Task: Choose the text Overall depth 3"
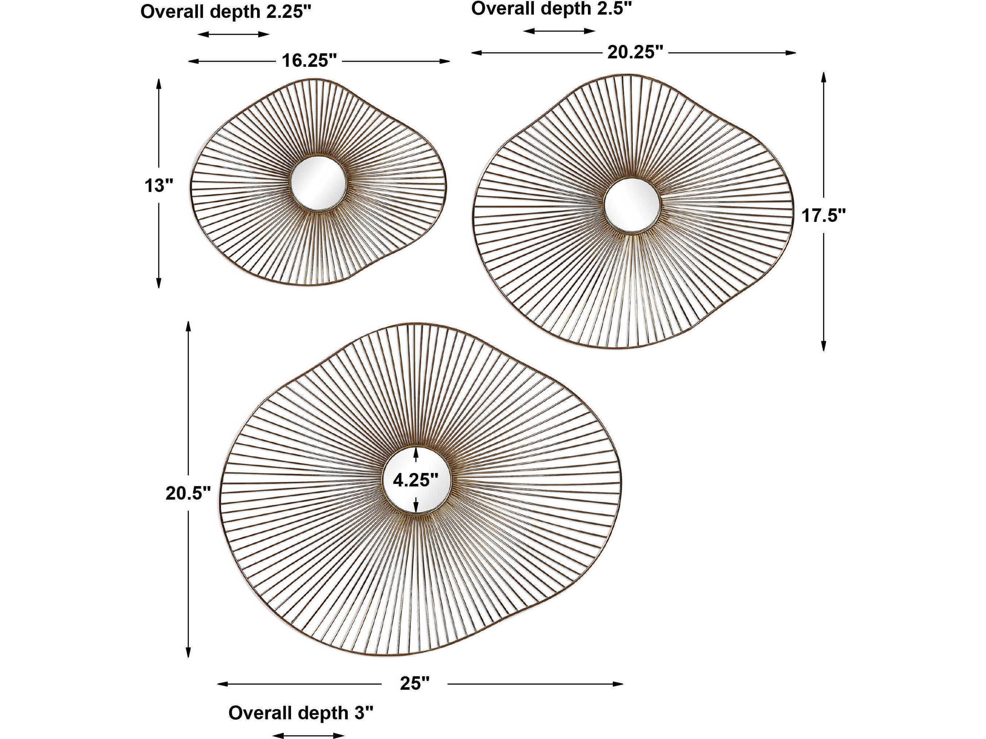coord(300,713)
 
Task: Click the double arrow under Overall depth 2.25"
coord(234,34)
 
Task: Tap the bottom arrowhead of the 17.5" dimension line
coord(824,346)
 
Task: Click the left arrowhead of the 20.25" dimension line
coord(477,53)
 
